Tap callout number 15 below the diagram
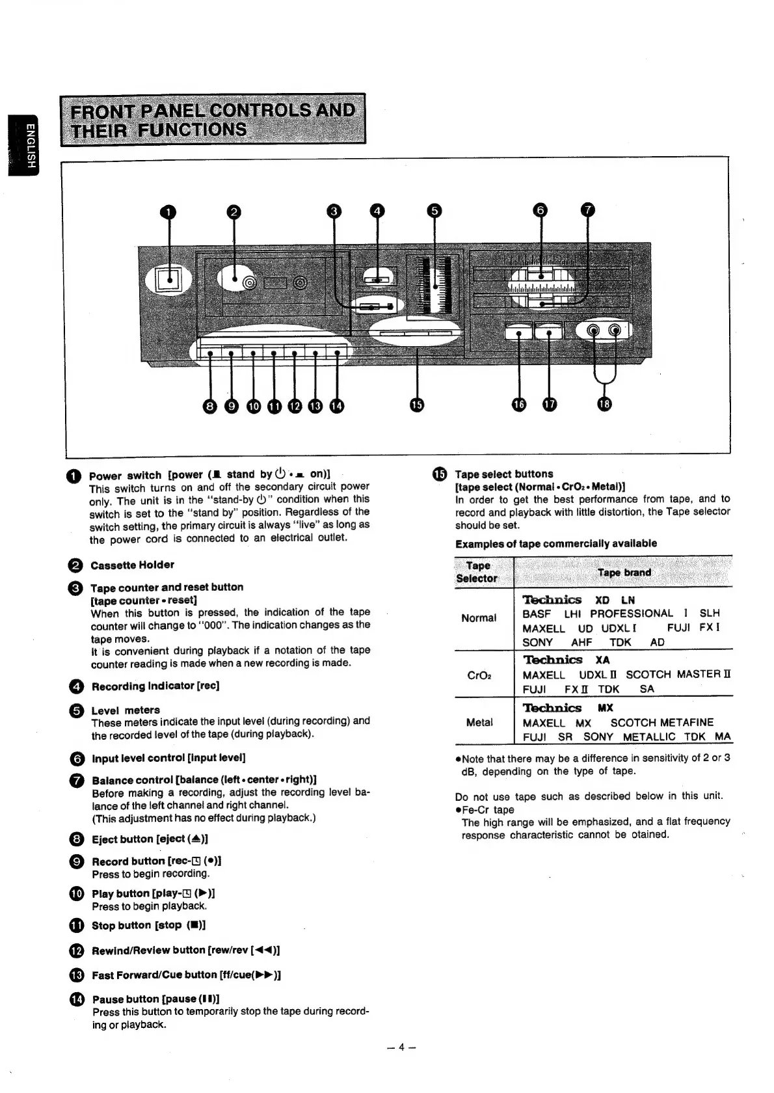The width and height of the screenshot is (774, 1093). click(417, 405)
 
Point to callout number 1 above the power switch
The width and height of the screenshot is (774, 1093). click(168, 211)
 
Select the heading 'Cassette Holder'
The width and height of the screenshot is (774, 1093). click(132, 565)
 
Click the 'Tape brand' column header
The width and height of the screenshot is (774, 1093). click(624, 573)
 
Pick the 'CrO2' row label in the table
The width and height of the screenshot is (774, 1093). click(479, 675)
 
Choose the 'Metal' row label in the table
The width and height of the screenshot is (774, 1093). click(479, 722)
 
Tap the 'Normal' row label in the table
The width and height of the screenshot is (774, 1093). click(479, 617)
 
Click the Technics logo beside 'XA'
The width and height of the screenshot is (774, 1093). click(552, 660)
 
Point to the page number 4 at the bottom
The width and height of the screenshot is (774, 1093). click(401, 1047)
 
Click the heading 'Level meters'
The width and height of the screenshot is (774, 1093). click(126, 710)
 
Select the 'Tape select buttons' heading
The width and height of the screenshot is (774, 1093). click(503, 474)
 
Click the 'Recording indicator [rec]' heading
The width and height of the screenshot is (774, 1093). click(155, 686)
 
